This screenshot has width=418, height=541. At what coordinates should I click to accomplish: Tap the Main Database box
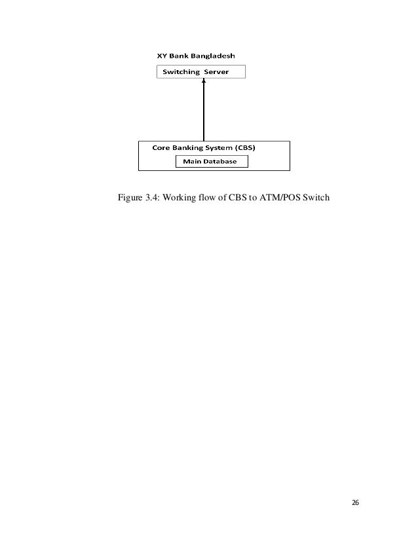pos(211,161)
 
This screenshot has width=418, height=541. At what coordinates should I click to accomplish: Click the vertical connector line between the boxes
pos(204,111)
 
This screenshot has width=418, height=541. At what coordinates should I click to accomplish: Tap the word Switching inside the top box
pos(181,72)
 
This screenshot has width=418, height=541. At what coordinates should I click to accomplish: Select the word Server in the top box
pos(216,72)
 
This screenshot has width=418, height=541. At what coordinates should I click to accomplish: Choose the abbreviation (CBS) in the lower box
pos(242,147)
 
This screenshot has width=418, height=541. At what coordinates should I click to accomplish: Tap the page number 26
pos(355,502)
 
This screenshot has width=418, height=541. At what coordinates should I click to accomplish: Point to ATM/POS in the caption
pos(281,196)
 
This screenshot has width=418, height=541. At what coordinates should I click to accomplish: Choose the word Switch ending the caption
pos(315,196)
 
